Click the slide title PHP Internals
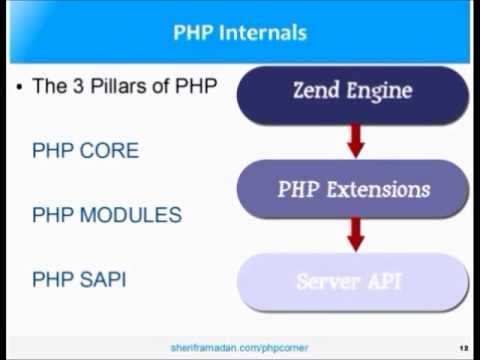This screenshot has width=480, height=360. (x=240, y=32)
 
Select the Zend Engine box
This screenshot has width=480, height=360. (x=352, y=92)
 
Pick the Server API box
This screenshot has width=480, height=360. (x=352, y=281)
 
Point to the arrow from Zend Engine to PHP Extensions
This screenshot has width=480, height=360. (x=352, y=140)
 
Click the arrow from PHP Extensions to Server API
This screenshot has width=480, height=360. (x=352, y=235)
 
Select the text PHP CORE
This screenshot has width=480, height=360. (x=85, y=151)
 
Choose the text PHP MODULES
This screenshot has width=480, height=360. (x=106, y=214)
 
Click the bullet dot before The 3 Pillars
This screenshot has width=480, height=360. (x=19, y=87)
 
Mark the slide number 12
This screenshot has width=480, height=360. (x=464, y=347)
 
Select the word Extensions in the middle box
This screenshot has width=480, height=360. (x=379, y=188)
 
